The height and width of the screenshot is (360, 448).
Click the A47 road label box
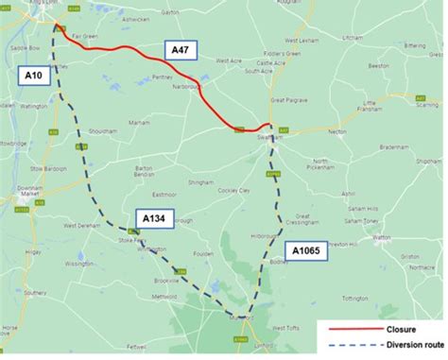180,47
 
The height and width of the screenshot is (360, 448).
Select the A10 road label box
32,73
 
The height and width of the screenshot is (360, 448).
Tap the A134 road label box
154,219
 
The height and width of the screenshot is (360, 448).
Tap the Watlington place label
33,107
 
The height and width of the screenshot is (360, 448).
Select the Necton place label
336,132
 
